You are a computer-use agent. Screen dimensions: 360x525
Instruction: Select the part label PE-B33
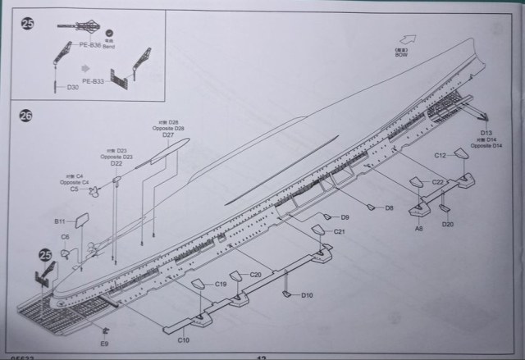tap(93, 81)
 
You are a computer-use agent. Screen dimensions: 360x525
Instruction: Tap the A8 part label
tap(418, 229)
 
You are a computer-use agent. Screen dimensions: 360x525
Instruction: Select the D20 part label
tap(446, 224)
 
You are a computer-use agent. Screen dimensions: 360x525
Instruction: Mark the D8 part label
tap(389, 208)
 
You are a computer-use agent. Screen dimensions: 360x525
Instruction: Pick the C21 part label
tap(339, 233)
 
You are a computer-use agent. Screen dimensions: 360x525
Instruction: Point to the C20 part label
tap(255, 274)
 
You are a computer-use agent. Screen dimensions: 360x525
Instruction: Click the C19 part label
tap(221, 284)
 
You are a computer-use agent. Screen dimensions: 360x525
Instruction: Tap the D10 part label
tap(307, 294)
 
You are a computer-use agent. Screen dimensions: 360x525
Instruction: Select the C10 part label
tap(184, 338)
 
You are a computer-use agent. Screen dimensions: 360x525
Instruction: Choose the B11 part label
tap(60, 221)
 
